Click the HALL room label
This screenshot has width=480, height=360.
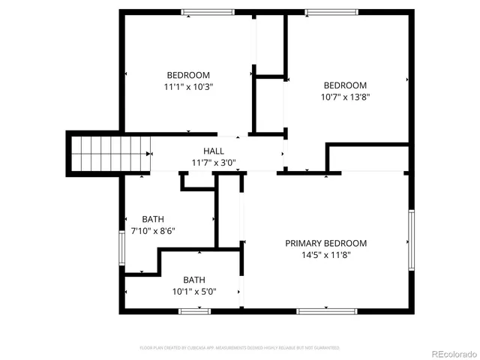tap(213, 151)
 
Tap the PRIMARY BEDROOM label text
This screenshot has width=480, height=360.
tap(325, 243)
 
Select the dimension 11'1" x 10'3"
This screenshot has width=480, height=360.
tap(187, 87)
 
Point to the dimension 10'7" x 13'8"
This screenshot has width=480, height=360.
tap(345, 97)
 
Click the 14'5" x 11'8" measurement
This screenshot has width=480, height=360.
tap(325, 255)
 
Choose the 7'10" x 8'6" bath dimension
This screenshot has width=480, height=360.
tap(153, 231)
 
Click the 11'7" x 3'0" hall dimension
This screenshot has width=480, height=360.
tap(213, 162)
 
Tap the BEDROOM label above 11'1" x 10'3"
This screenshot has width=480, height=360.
tap(187, 75)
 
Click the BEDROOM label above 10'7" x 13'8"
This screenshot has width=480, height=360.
tap(345, 85)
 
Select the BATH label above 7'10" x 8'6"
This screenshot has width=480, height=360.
tap(153, 219)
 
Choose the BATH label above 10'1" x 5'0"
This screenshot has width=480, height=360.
tap(194, 279)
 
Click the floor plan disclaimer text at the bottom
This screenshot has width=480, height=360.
tap(240, 348)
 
